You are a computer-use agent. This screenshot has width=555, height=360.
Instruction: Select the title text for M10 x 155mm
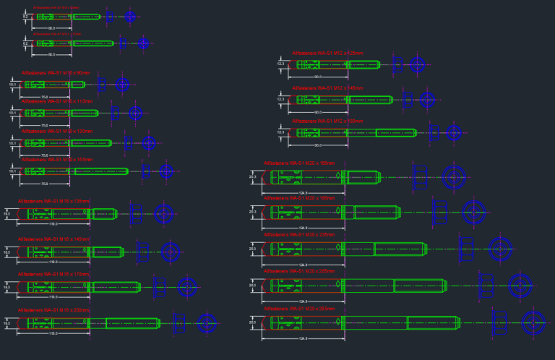[x=56, y=159]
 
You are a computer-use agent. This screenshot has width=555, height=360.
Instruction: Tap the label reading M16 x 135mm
[x=53, y=201]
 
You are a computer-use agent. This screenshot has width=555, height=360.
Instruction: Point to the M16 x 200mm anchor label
[x=53, y=310]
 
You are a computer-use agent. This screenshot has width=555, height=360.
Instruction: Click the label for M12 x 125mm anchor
[x=327, y=53]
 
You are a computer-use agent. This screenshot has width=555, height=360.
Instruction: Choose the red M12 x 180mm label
[x=327, y=121]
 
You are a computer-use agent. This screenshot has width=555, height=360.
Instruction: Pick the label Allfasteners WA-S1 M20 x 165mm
[x=298, y=163]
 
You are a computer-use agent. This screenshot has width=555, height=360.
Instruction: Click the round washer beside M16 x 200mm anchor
[x=208, y=323]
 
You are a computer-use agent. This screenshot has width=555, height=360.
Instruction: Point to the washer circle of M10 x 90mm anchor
[x=122, y=85]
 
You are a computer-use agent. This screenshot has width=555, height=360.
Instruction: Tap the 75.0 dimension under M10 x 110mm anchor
[x=44, y=126]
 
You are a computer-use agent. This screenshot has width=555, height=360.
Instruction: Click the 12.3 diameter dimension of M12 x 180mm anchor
[x=281, y=132]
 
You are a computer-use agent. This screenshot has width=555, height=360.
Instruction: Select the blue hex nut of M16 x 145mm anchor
[x=142, y=252]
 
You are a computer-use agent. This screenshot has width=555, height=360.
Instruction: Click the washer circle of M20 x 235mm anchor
[x=500, y=249]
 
